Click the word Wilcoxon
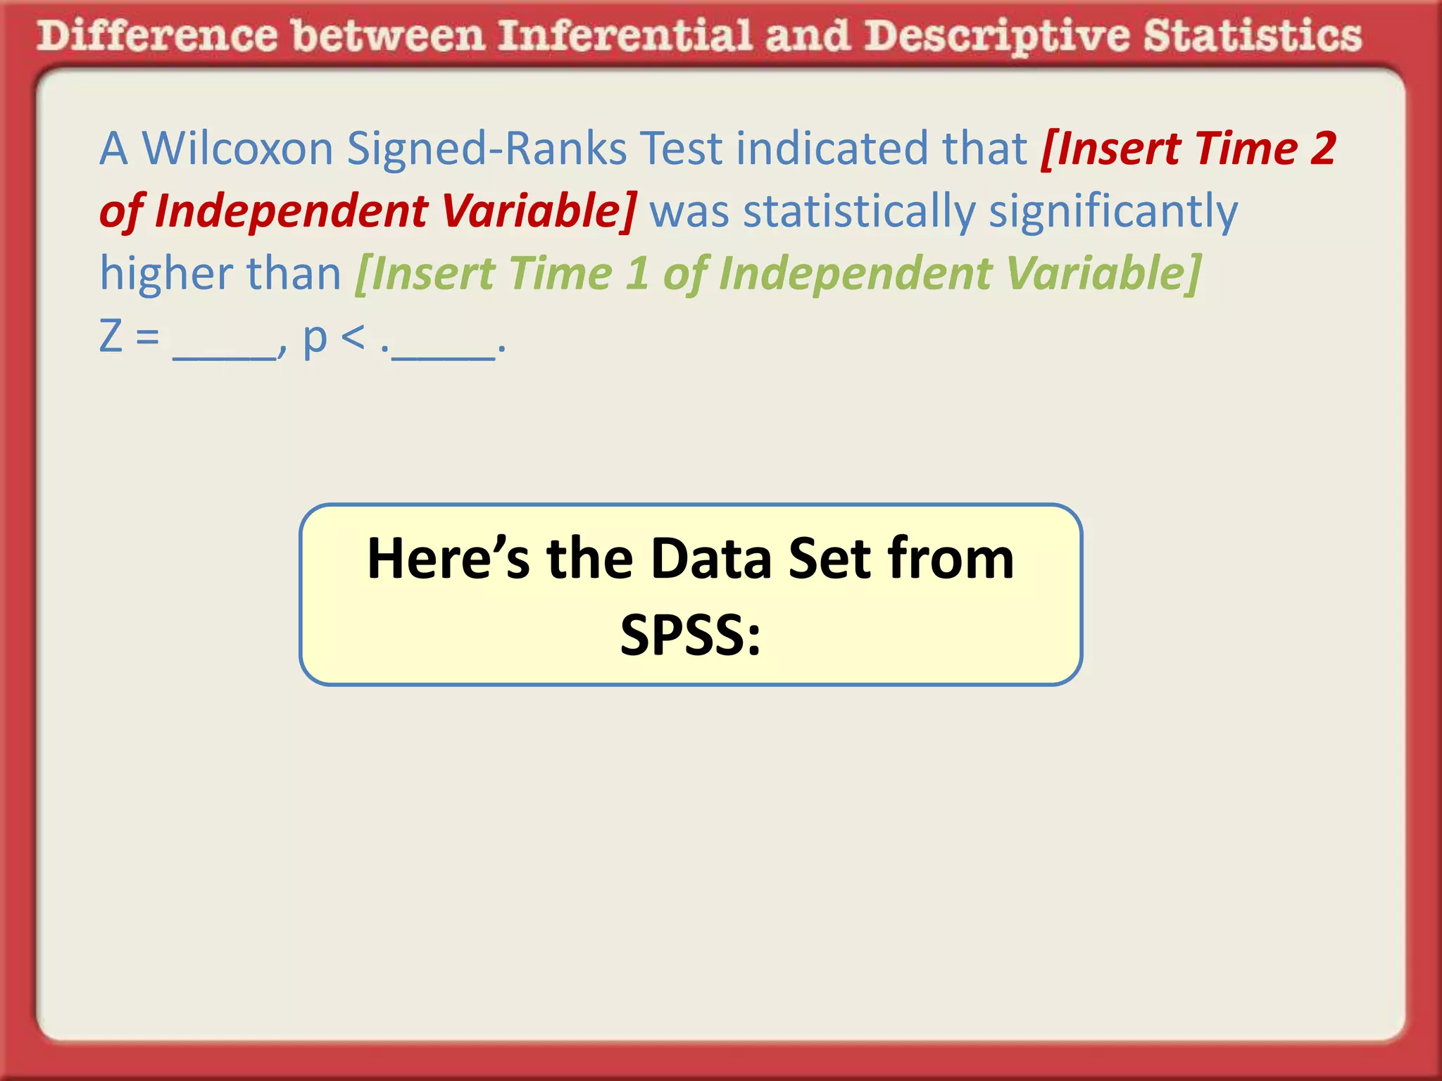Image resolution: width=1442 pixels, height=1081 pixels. pyautogui.click(x=237, y=148)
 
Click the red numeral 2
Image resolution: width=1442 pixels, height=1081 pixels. pyautogui.click(x=1322, y=148)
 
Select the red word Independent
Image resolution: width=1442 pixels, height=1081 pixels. pyautogui.click(x=291, y=210)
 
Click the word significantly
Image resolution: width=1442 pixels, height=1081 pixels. pyautogui.click(x=1112, y=210)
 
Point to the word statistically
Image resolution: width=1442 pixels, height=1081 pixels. pyautogui.click(x=859, y=210)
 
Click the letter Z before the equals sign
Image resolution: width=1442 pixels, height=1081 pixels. pyautogui.click(x=111, y=336)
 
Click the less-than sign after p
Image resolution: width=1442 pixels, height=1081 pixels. pyautogui.click(x=353, y=337)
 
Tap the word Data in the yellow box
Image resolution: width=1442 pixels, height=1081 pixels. pyautogui.click(x=711, y=559)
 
